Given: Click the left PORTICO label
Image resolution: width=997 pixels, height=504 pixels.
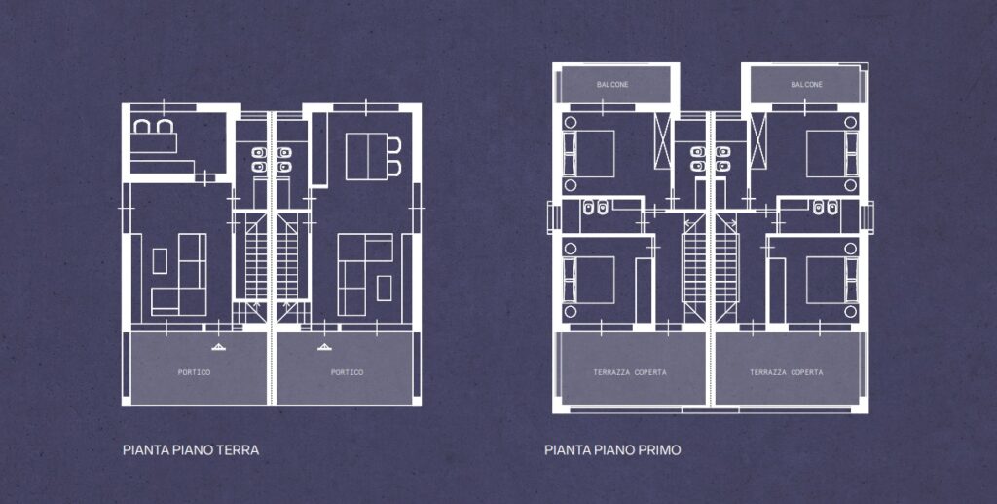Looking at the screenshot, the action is pos(194,372).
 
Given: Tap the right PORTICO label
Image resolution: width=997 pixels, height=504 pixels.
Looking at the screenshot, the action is pos(348,372).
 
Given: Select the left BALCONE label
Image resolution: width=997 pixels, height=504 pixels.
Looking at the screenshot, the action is pos(612,85).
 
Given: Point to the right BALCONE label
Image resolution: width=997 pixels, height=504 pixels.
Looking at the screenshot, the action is pos(806,85).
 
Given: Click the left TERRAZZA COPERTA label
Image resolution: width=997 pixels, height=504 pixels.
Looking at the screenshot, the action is pos(630,372).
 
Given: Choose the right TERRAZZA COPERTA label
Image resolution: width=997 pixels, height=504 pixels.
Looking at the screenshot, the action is pos(787,372).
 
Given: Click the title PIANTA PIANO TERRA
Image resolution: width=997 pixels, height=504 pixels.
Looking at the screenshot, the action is pos(191,450).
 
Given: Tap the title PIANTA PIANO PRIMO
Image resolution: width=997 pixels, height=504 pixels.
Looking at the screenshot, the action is pos(612,450).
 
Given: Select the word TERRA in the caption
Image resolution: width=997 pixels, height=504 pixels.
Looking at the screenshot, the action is pos(238,450).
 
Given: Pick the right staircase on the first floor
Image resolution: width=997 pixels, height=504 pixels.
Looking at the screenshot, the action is pos(725,267).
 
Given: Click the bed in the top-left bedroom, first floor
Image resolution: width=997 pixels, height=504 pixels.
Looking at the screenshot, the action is pos(589,153).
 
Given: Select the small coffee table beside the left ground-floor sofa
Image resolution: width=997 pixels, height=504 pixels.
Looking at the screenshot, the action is pos(160,261).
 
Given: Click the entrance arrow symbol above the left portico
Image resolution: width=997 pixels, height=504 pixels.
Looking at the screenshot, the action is pos(218,347).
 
